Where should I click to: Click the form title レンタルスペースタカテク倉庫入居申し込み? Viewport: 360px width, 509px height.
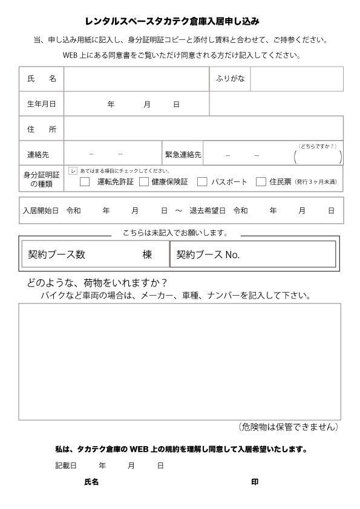click(x=180, y=21)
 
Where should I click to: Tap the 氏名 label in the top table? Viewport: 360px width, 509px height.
click(x=41, y=79)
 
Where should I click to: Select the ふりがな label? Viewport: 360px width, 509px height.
click(x=230, y=79)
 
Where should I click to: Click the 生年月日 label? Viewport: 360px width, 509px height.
click(x=41, y=104)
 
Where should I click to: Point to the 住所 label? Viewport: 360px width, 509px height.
click(x=41, y=129)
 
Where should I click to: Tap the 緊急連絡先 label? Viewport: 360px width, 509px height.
click(x=183, y=154)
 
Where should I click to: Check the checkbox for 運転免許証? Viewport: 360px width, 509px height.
click(x=85, y=181)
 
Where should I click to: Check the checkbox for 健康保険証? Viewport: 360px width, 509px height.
click(x=144, y=181)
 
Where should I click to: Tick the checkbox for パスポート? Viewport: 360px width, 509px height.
click(x=202, y=181)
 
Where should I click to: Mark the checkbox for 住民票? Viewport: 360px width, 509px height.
click(x=261, y=181)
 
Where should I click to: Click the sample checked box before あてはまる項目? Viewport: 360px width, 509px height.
click(x=73, y=171)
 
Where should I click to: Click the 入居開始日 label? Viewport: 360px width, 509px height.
click(x=41, y=211)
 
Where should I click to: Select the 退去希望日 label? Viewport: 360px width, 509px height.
click(x=208, y=211)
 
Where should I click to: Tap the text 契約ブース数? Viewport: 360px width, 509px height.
click(x=56, y=254)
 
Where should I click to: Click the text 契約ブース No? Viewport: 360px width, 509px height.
click(x=208, y=255)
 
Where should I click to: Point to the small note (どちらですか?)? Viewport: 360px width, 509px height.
click(x=317, y=146)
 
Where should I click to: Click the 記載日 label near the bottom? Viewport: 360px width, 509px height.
click(x=65, y=466)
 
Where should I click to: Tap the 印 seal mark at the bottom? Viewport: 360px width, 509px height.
click(x=255, y=482)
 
